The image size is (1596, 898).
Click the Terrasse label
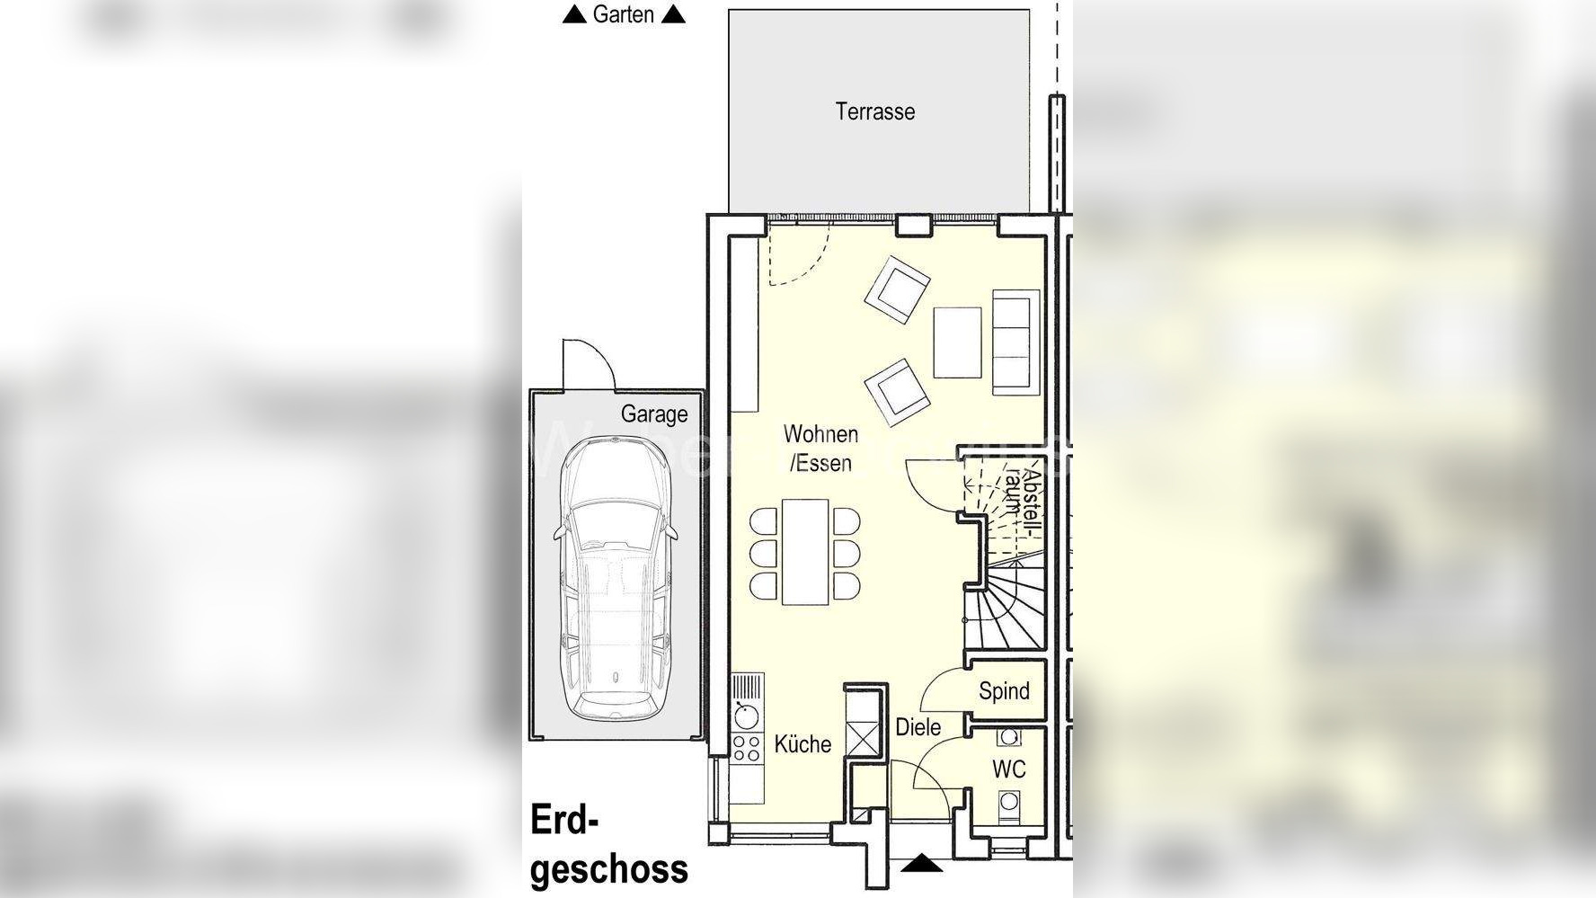coord(874,111)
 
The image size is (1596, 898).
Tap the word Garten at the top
coord(623,14)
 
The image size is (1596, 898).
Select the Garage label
coord(654,414)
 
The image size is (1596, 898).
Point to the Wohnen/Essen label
coord(820,448)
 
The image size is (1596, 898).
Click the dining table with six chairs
coord(804,552)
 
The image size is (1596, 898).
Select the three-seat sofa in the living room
coord(1015,342)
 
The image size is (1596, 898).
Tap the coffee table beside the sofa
coord(957,342)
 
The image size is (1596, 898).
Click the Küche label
coord(802,744)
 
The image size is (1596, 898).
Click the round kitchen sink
coord(746,716)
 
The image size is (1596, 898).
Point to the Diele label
coord(918,726)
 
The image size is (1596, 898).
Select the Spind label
coord(1004,690)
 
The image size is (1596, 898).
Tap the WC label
coord(1009,769)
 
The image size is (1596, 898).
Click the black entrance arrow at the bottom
coord(921,864)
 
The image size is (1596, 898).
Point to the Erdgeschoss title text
coord(609,845)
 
